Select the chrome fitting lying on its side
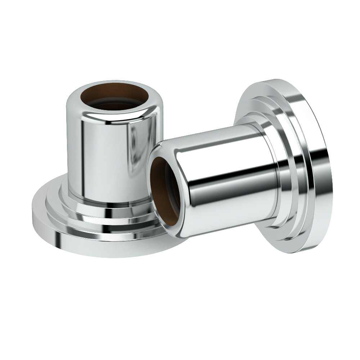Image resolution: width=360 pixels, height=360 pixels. pos(245,169)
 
